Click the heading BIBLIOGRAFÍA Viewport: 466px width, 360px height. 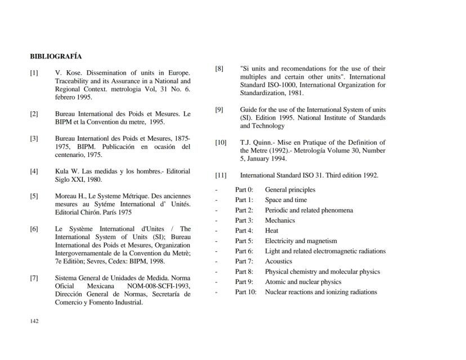56,57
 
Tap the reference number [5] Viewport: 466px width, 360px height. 34,196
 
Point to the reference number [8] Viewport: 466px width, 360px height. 219,69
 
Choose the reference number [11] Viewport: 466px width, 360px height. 221,175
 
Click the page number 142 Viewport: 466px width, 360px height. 34,321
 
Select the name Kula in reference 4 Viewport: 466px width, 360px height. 62,172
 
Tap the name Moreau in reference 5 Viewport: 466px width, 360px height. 66,196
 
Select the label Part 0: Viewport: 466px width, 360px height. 244,190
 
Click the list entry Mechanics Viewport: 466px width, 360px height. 280,220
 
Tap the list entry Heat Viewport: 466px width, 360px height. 271,231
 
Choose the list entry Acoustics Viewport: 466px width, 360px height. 279,262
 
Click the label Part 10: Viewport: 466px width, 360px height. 245,292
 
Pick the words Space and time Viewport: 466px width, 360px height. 286,200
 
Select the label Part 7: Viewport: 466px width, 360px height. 244,262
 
